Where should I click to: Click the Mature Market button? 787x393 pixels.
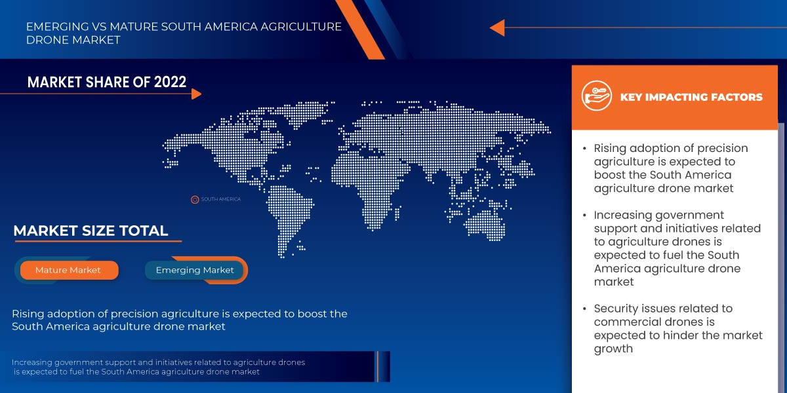[x=70, y=270]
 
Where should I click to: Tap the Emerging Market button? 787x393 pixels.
[x=195, y=270]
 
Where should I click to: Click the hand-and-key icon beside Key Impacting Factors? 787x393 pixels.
[x=596, y=96]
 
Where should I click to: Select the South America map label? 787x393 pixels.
[x=220, y=199]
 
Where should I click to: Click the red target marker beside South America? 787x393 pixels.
[x=195, y=200]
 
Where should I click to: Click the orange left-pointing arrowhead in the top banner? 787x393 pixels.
[x=497, y=28]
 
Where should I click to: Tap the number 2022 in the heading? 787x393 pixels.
[x=170, y=82]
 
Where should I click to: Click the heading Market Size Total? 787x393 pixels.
[x=91, y=231]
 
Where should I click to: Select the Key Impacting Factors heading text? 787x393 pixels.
[x=691, y=97]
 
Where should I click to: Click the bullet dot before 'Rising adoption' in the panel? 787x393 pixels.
[x=584, y=149]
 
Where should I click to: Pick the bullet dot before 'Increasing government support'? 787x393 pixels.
[x=584, y=215]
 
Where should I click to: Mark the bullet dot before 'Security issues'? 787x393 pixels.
[x=584, y=309]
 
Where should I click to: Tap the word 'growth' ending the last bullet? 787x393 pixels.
[x=613, y=348]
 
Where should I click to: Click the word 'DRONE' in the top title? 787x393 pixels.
[x=47, y=40]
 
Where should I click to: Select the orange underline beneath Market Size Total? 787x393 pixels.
[x=98, y=242]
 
